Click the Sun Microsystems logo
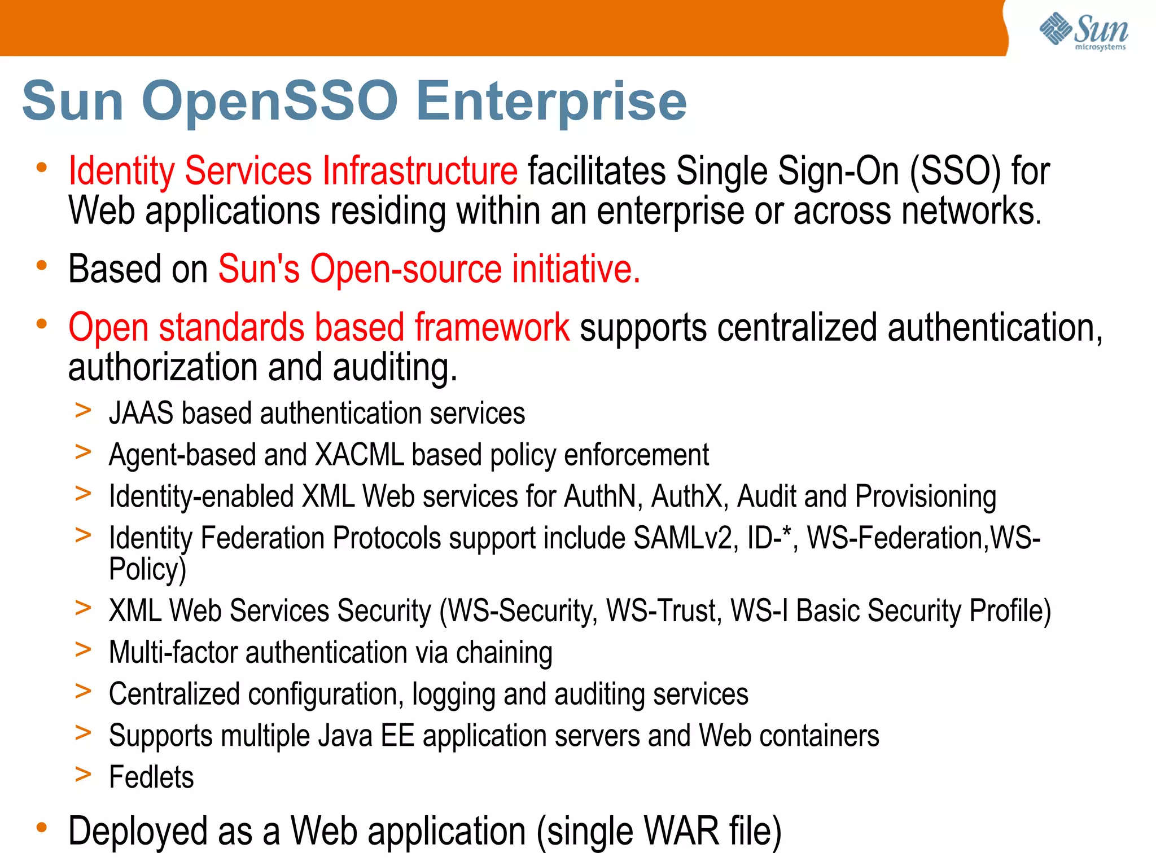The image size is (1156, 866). tap(1084, 31)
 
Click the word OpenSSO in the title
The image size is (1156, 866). tap(270, 101)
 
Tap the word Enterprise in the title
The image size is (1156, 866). tap(551, 102)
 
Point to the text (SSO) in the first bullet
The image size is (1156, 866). tap(955, 171)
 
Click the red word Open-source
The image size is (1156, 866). tap(406, 269)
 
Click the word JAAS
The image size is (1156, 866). tap(141, 414)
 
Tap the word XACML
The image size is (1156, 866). tap(360, 455)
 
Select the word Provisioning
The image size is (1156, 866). tap(925, 497)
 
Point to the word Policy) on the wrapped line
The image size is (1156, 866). tap(147, 569)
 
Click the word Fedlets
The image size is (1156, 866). tap(151, 777)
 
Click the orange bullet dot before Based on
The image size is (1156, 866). tap(41, 265)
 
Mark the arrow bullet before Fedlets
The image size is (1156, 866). tap(83, 774)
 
